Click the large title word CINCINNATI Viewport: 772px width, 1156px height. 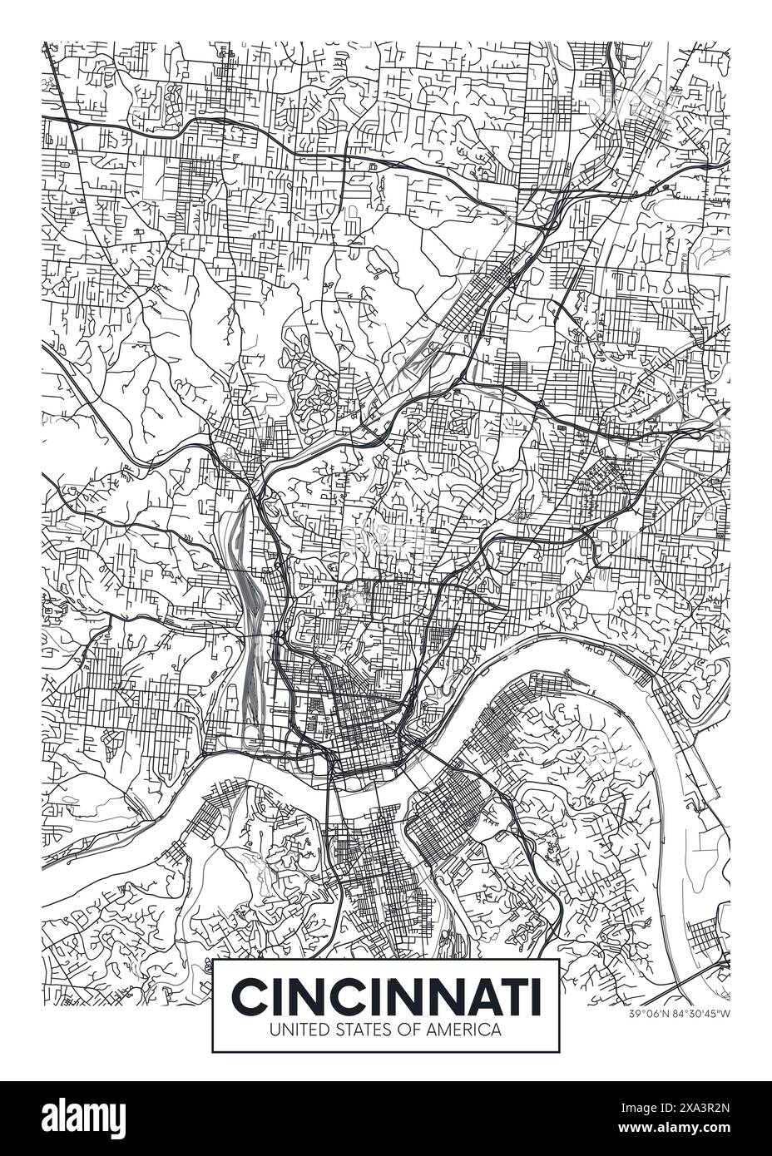pos(385,995)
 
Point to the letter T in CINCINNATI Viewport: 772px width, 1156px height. pos(508,995)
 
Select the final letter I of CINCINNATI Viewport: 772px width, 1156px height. pos(532,995)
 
